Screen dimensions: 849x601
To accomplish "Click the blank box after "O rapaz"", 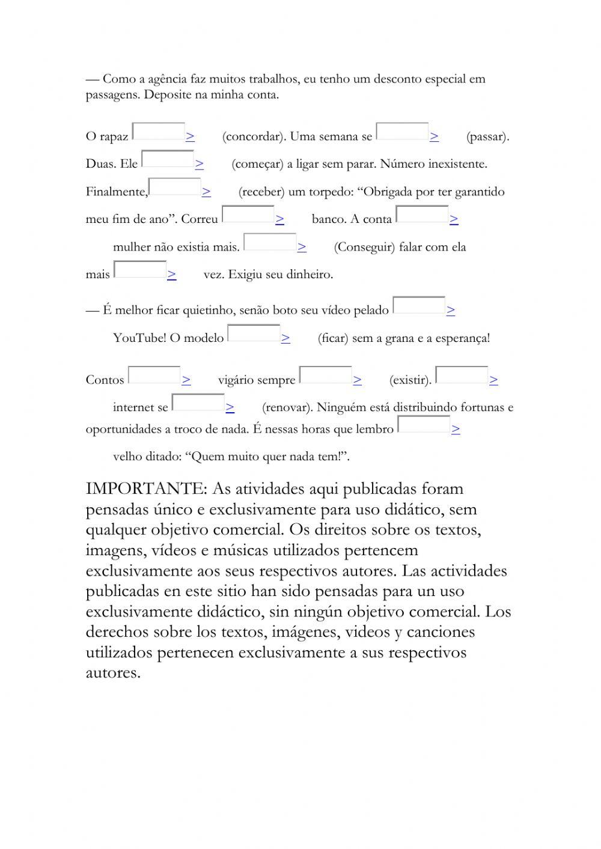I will (x=159, y=132).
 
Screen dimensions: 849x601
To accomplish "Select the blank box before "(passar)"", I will (x=402, y=132).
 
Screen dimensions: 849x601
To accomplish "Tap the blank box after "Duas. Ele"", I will (x=168, y=159).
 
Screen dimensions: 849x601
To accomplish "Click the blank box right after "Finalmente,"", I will (x=175, y=187).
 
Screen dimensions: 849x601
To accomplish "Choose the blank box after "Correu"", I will (x=248, y=215).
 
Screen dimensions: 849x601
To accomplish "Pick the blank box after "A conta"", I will (x=423, y=215).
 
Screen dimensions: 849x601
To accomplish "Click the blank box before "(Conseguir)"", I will (x=270, y=242).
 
